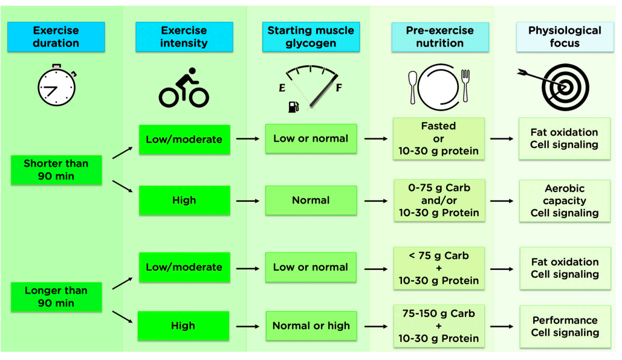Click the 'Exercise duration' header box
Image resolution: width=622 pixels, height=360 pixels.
56,37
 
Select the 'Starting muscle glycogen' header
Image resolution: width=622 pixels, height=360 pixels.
310,37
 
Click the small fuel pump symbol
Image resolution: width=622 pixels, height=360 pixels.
293,107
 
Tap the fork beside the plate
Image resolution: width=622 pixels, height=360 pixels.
465,85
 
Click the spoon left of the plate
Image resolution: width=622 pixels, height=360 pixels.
413,86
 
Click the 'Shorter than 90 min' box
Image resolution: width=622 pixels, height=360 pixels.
56,170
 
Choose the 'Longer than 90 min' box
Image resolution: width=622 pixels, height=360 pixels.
56,297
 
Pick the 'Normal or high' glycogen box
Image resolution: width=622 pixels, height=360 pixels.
311,326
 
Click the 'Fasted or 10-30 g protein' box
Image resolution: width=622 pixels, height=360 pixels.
439,139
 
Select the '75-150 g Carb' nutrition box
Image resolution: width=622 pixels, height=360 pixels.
439,326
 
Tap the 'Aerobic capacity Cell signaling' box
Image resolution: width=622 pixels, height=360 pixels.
564,201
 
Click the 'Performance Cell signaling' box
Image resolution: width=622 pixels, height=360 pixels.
564,326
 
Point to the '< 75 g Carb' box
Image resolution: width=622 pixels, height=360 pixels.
439,268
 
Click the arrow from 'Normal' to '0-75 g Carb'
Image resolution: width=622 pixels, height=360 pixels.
375,201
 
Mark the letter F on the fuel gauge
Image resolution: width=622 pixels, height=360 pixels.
339,88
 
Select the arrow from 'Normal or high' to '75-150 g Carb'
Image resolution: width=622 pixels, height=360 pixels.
375,326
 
